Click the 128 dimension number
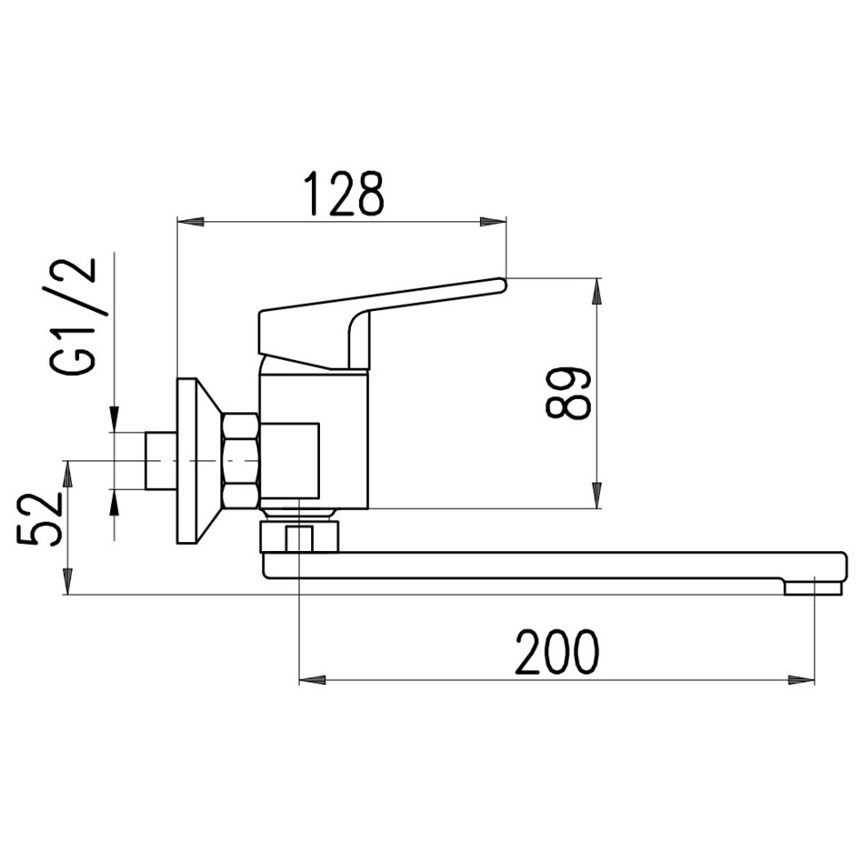coord(345,193)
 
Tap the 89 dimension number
coord(569,393)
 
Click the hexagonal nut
coord(240,460)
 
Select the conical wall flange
coord(198,460)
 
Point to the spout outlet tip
coord(813,589)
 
